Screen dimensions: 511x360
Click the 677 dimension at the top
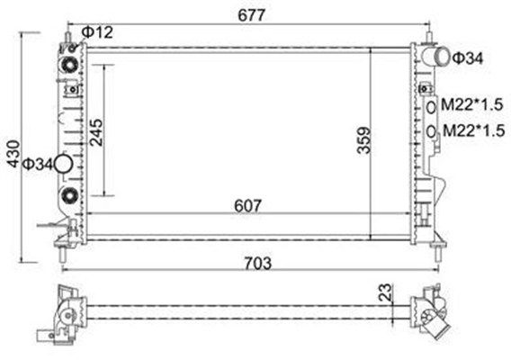[252, 15]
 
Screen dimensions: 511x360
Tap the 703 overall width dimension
[257, 263]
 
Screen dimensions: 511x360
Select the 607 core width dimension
[247, 206]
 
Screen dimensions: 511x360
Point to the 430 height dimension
[13, 154]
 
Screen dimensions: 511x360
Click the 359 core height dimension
[364, 140]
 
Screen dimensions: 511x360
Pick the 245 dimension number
[96, 132]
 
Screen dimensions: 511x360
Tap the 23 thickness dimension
[384, 292]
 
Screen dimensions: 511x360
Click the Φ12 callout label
[97, 32]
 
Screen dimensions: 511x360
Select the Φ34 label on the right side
[468, 58]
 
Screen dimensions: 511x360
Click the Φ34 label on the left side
[38, 164]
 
